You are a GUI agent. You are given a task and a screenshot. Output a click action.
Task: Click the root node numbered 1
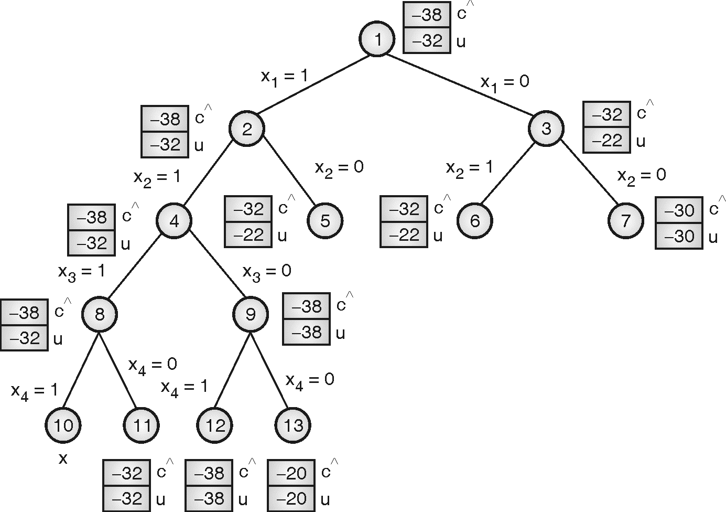click(x=377, y=39)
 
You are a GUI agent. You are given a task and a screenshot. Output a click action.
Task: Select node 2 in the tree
click(x=246, y=129)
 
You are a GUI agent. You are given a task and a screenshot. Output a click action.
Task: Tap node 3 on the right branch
click(x=546, y=129)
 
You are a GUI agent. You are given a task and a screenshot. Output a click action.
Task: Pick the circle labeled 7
click(x=625, y=221)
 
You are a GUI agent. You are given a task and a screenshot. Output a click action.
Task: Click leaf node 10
click(x=63, y=425)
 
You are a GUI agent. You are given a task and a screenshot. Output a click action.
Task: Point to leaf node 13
click(x=293, y=425)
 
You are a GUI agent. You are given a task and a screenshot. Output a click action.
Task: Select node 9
click(x=251, y=314)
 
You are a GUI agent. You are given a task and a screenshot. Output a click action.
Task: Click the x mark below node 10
click(x=63, y=459)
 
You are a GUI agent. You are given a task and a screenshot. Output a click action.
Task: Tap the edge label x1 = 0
click(x=505, y=82)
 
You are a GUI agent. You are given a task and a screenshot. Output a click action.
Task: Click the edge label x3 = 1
click(x=81, y=271)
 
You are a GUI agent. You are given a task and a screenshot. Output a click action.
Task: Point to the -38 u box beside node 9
click(x=306, y=332)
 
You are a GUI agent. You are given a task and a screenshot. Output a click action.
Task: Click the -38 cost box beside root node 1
click(x=427, y=15)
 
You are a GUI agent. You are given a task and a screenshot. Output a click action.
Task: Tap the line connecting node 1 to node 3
click(x=461, y=84)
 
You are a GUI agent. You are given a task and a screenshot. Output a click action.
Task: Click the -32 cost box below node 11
click(x=126, y=473)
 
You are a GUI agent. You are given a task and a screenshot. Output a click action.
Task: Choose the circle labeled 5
click(x=325, y=221)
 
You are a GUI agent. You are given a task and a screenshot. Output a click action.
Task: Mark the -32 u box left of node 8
click(x=24, y=338)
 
